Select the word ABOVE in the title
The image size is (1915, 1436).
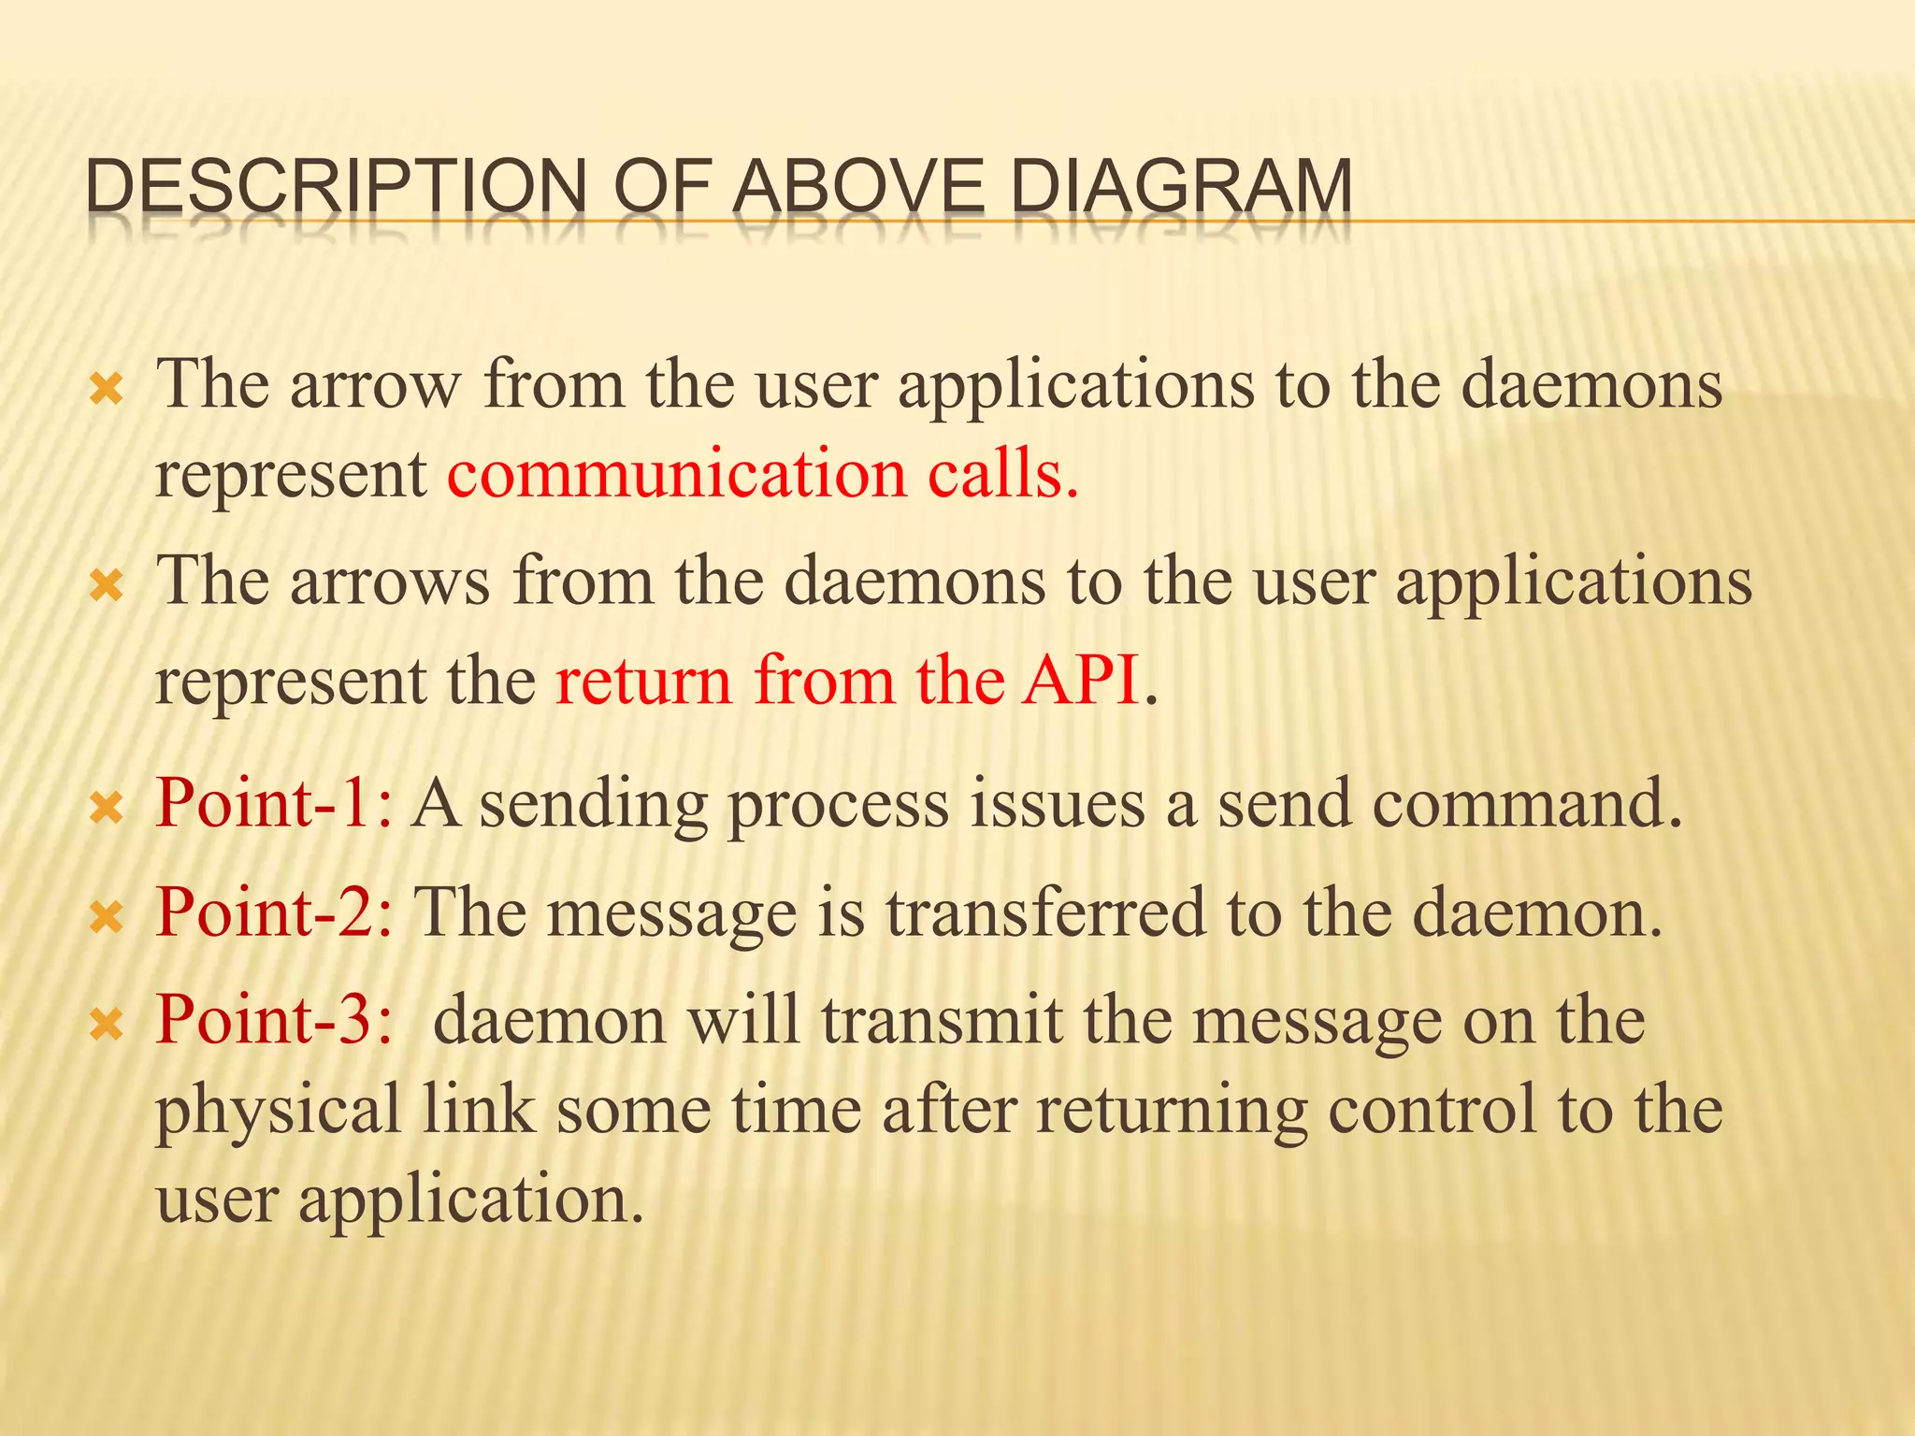tap(857, 187)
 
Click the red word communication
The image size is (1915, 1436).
tap(676, 473)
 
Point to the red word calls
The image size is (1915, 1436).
tap(1003, 473)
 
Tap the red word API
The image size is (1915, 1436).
tap(1080, 680)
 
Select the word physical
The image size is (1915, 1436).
tap(278, 1111)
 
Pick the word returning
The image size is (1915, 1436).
tap(1171, 1111)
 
